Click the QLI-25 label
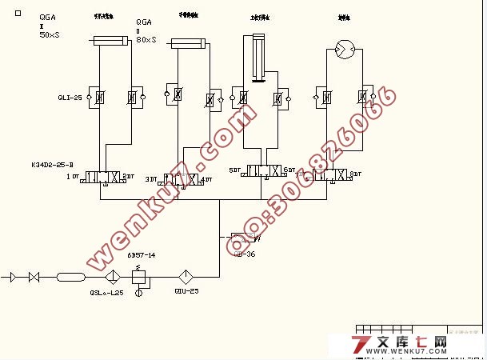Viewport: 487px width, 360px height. (x=70, y=98)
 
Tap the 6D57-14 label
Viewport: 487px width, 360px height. (x=142, y=255)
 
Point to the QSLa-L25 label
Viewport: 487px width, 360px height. (x=106, y=293)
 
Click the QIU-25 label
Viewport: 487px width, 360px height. (x=186, y=291)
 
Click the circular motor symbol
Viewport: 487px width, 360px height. (x=345, y=50)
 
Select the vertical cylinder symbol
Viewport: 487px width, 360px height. (x=257, y=58)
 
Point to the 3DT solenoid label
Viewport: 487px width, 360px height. (x=151, y=179)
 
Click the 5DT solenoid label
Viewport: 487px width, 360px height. (x=234, y=170)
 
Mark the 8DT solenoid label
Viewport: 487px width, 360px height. (x=356, y=174)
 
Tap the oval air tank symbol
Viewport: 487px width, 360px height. (x=71, y=277)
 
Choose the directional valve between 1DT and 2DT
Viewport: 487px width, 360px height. (x=103, y=176)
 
